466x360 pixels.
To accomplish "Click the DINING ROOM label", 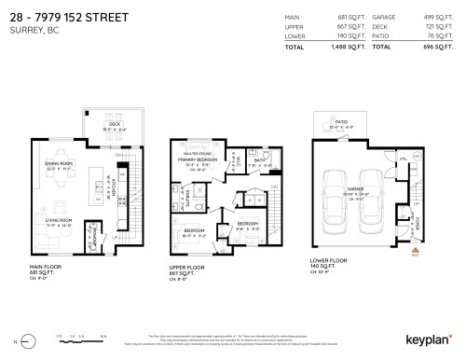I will pos(59,164).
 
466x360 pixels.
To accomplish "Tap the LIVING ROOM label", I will pos(59,222).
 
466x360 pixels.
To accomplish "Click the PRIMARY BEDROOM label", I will pos(197,160).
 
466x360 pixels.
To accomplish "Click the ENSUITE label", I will pos(199,197).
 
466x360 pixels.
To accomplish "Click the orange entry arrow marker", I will pos(415,249).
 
